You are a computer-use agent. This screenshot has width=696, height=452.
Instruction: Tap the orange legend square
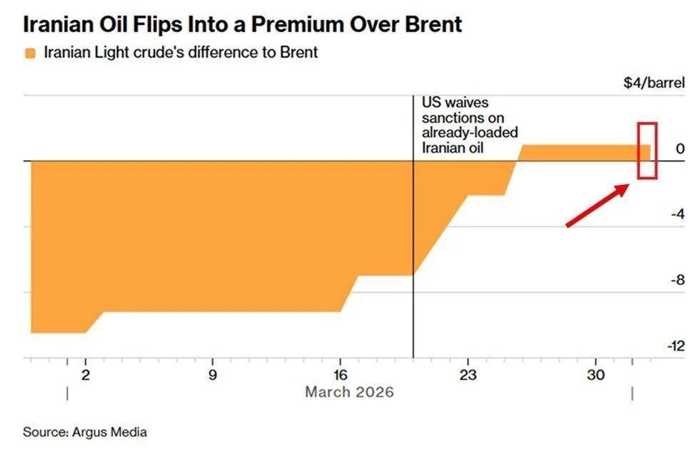click(29, 54)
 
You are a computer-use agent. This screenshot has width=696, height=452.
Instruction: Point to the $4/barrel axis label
click(653, 83)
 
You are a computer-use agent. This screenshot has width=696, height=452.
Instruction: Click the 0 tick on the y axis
click(680, 149)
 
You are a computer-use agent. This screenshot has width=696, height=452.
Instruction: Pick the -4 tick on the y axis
click(677, 214)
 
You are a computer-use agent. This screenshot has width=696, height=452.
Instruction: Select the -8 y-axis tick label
click(677, 280)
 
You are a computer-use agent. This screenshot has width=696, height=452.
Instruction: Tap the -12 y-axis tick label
click(675, 346)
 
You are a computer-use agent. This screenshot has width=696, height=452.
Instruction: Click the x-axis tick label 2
click(86, 375)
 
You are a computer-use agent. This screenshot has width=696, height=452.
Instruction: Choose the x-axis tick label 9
click(212, 375)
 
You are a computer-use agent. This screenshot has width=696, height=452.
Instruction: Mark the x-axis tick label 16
click(340, 375)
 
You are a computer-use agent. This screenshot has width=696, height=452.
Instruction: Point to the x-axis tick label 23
click(468, 375)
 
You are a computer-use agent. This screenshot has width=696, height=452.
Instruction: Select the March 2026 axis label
click(349, 392)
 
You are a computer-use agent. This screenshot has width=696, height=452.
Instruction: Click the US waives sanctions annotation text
click(469, 126)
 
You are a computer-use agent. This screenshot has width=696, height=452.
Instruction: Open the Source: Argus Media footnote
click(84, 432)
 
